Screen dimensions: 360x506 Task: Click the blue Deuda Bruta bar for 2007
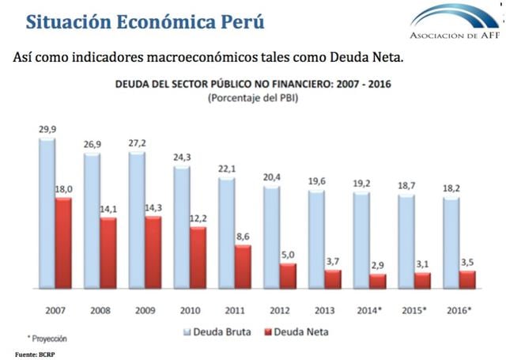click(x=47, y=214)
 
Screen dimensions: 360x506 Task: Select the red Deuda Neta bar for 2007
click(x=62, y=243)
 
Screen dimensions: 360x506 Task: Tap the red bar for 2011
click(x=242, y=267)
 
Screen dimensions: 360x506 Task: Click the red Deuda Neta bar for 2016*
click(x=467, y=280)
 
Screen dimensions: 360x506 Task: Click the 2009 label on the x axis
click(x=145, y=310)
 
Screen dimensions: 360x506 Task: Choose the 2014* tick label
click(x=368, y=310)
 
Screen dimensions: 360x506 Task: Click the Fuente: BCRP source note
click(x=35, y=354)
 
